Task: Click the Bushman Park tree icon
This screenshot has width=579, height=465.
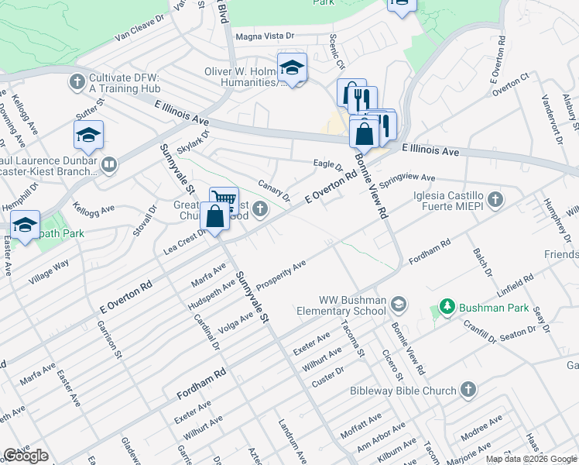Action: pos(446,308)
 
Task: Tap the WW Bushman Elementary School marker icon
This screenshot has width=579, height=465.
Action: pos(399,302)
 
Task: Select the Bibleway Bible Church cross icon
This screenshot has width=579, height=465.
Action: pos(468,391)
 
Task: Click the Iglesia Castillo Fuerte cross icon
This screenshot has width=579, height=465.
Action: pos(495,200)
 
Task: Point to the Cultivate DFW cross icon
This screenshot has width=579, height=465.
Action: pos(77,81)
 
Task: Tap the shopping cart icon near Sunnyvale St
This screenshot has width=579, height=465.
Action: pos(224,199)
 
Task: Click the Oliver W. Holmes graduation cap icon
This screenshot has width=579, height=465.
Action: pos(292,67)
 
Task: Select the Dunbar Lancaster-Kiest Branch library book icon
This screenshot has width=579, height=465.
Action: pos(109,164)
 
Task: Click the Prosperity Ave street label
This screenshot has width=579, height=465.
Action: pos(281,277)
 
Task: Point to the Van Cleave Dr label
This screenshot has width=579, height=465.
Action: pos(140,28)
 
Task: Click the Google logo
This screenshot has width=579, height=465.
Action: pos(26,456)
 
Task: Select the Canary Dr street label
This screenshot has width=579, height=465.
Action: pos(273,191)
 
